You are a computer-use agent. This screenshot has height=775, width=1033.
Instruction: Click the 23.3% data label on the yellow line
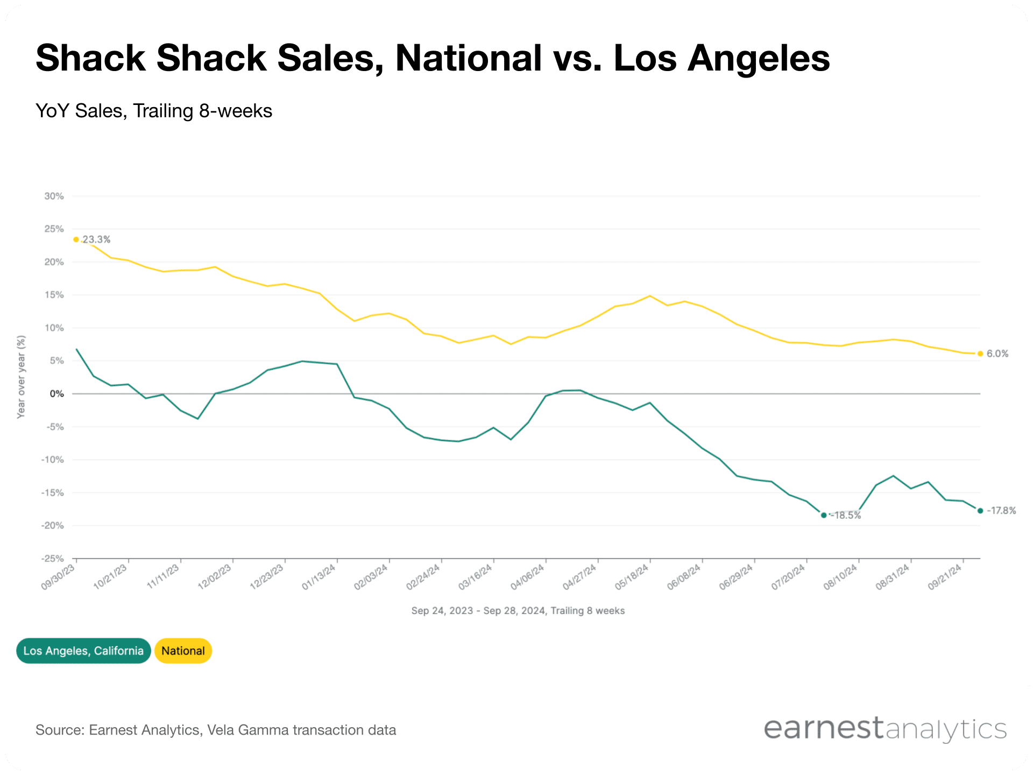(x=96, y=239)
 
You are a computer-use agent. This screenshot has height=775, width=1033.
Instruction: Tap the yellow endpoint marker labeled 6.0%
(x=980, y=354)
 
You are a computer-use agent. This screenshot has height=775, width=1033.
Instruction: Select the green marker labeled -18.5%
(x=824, y=515)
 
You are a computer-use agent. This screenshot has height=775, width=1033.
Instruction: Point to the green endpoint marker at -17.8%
(x=980, y=511)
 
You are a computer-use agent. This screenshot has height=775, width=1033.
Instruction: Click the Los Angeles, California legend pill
(x=83, y=651)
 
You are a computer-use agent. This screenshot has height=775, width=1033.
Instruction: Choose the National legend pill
(x=183, y=651)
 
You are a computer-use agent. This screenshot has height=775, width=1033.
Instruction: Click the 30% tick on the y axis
(x=54, y=196)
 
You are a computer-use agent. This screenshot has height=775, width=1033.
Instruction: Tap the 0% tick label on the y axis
(x=56, y=394)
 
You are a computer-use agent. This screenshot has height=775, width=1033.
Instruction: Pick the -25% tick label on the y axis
(x=52, y=559)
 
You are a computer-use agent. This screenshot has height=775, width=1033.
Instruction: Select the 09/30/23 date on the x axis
(x=58, y=577)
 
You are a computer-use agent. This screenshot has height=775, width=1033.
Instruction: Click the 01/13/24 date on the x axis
(x=319, y=577)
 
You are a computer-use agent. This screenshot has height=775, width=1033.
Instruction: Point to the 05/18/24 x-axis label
(x=632, y=577)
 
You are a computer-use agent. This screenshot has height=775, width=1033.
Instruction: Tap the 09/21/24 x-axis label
(x=945, y=577)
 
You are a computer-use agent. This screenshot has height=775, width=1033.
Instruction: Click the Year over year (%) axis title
(x=21, y=377)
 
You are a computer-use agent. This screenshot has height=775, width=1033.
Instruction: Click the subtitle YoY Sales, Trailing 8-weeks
(x=154, y=111)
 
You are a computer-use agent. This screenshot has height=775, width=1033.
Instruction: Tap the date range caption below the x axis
(x=518, y=611)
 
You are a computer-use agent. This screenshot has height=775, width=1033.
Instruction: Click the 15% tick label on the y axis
(x=54, y=295)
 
